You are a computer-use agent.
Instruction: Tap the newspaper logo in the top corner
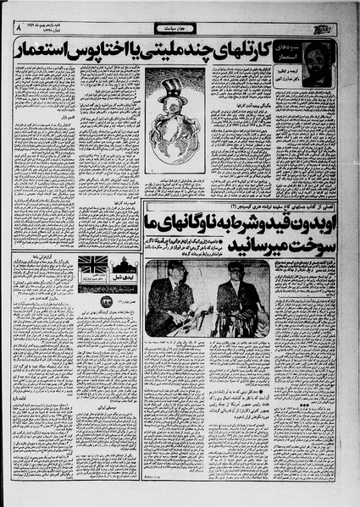tap(337, 30)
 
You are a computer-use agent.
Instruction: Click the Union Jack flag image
tap(93, 264)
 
